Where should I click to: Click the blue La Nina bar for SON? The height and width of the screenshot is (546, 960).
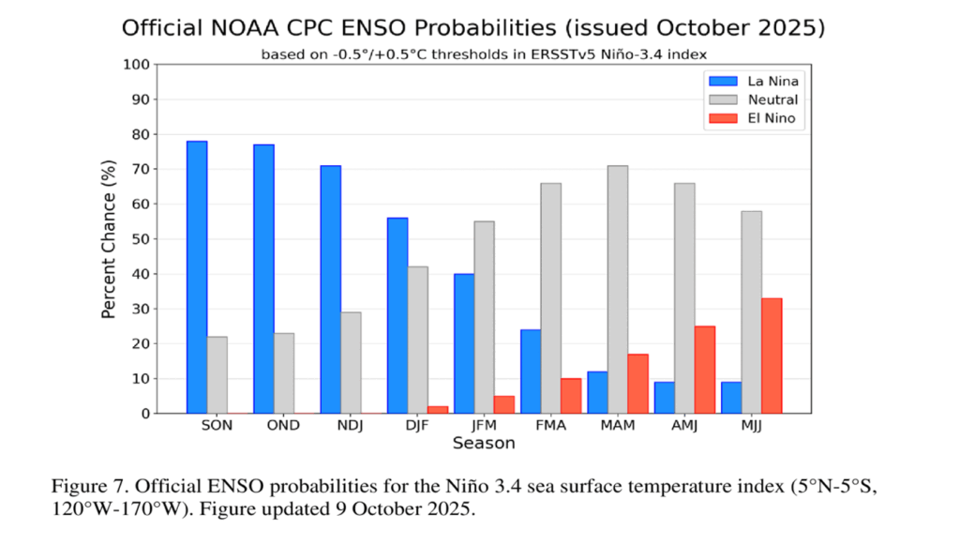click(197, 277)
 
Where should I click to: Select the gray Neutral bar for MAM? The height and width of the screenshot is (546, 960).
click(618, 289)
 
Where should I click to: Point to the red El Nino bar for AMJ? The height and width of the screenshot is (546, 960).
click(705, 370)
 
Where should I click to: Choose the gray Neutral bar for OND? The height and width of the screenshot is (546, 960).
click(284, 372)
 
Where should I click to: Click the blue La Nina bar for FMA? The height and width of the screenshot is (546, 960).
click(531, 372)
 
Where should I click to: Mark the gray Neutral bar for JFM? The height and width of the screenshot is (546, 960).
click(485, 317)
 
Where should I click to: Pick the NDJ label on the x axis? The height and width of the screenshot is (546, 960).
click(351, 425)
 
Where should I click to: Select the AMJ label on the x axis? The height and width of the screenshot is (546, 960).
click(684, 425)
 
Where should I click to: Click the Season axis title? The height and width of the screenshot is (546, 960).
click(484, 443)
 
